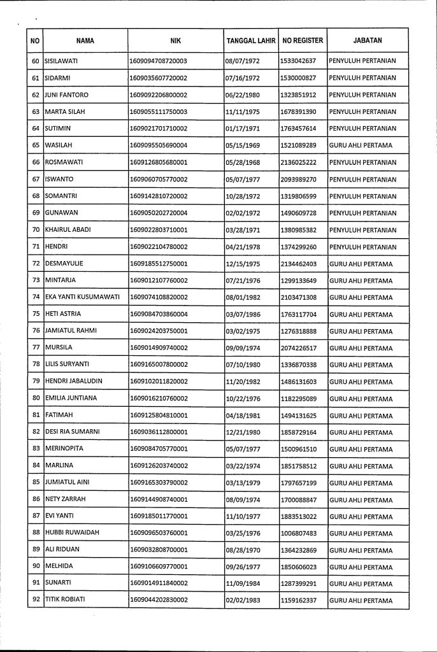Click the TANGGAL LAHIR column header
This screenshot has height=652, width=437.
[x=251, y=41]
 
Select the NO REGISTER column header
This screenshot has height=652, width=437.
[x=303, y=41]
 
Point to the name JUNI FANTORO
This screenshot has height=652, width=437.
[x=66, y=95]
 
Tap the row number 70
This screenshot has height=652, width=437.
[x=36, y=230]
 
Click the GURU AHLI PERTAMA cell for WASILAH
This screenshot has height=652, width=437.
[x=361, y=145]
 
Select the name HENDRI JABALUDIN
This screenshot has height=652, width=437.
[x=73, y=381]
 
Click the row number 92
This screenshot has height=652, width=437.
[x=36, y=600]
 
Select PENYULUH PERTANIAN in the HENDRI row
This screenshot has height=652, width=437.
[x=362, y=246]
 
